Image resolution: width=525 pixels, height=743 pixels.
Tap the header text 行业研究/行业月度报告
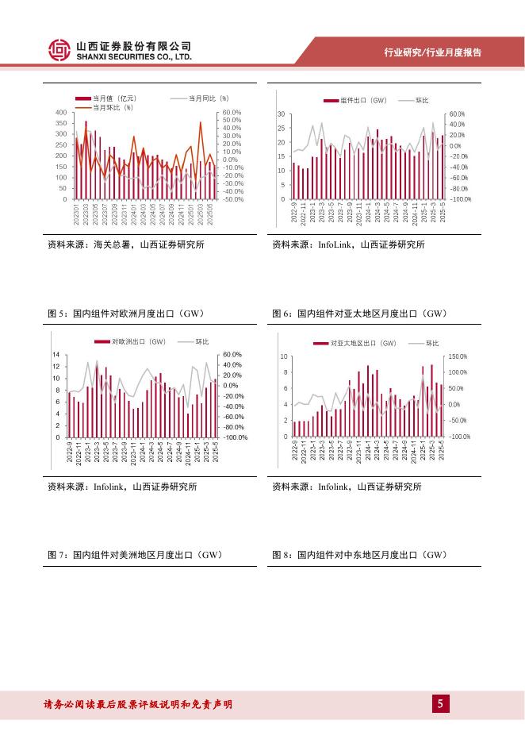pos(432,52)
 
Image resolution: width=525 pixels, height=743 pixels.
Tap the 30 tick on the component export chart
pos(281,115)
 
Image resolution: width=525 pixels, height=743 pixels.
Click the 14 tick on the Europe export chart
pos(56,354)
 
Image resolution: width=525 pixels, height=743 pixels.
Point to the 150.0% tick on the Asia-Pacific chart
pos(462,357)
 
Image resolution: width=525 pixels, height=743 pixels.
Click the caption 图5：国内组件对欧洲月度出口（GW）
pos(128,314)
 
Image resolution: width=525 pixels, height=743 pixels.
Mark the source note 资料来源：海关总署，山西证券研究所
pos(125,244)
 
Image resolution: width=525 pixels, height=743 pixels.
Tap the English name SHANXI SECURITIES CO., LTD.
pos(134,58)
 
